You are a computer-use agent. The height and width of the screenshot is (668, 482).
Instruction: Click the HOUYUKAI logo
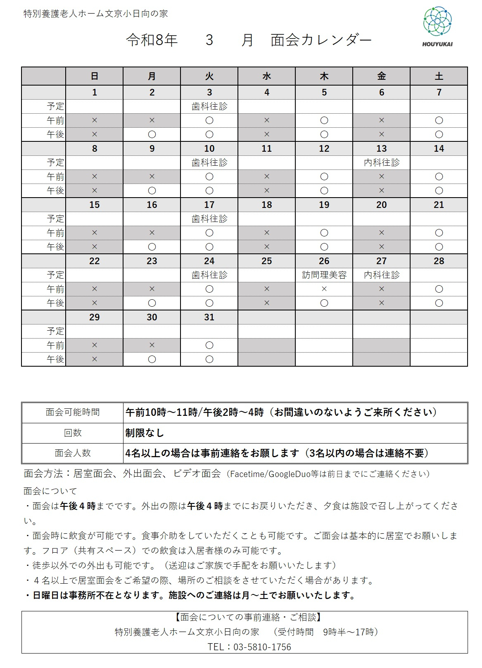[437, 26]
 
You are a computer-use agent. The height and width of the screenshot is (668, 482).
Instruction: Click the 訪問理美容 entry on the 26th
[324, 275]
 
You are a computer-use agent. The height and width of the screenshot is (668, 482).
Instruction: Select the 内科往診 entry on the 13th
[382, 162]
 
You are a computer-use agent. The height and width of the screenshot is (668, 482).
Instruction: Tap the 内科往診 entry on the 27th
[382, 275]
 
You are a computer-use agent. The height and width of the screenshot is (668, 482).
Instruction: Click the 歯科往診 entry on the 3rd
[209, 106]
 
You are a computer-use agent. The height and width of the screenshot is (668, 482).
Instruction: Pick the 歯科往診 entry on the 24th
[209, 275]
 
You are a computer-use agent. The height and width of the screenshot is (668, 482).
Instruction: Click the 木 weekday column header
[324, 76]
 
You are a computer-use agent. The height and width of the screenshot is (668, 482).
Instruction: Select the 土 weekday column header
[439, 76]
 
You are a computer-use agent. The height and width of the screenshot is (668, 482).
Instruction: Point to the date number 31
[209, 317]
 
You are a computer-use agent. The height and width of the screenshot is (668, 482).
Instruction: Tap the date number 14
[439, 148]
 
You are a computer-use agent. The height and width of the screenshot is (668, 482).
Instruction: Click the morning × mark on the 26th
[324, 289]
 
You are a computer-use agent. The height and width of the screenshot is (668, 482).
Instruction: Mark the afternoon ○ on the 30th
[152, 359]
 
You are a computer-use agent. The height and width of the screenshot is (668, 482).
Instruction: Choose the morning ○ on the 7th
[439, 120]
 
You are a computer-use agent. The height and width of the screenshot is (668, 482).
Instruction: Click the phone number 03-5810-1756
[262, 647]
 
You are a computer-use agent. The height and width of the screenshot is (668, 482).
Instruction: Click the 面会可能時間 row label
[73, 412]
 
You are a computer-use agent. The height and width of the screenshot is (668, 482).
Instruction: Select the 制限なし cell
[145, 433]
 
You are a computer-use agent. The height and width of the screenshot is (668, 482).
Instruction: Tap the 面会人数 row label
[73, 453]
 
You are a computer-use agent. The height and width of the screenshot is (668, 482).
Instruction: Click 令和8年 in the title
[152, 40]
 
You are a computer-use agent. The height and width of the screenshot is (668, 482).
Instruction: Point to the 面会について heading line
[50, 491]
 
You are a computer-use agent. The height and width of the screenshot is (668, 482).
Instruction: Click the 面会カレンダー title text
[321, 40]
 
